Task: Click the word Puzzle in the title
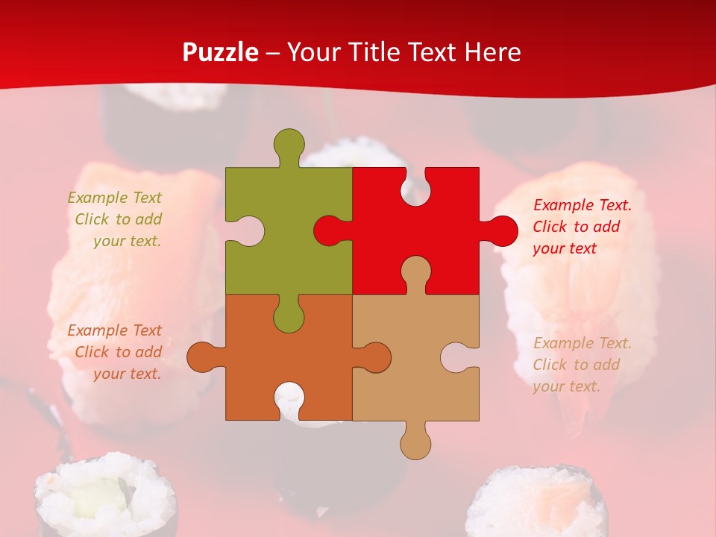click(221, 52)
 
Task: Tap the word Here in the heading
click(492, 52)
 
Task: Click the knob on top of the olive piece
click(289, 144)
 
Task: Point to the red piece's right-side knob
click(502, 230)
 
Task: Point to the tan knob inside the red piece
click(415, 272)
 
